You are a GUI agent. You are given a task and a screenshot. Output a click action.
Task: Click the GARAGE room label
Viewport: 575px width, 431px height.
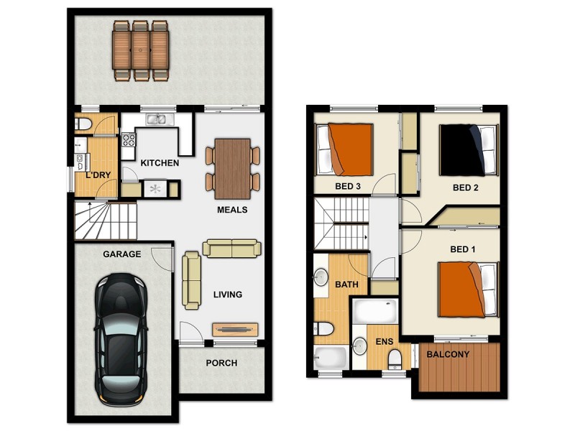[121, 254]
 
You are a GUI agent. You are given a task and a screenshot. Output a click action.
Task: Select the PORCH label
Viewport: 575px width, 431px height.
[221, 363]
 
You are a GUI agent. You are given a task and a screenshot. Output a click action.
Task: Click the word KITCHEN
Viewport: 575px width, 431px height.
[160, 163]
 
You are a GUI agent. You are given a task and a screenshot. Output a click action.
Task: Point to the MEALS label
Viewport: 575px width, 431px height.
[232, 210]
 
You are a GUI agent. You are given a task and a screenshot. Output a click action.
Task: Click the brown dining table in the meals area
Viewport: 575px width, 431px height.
[233, 168]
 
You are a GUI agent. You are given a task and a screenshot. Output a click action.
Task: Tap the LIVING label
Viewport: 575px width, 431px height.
[227, 295]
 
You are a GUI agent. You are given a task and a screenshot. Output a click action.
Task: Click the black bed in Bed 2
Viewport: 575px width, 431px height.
[466, 149]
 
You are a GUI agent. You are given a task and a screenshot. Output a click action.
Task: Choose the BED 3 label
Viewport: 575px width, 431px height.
[348, 187]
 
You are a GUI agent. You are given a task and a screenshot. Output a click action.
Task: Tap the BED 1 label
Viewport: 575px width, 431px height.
[462, 249]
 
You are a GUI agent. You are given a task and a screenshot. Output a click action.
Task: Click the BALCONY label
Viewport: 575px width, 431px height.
[448, 354]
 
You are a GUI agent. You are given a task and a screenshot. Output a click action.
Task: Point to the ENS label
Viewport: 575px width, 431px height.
[384, 343]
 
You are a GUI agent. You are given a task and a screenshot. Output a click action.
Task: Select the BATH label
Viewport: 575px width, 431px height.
[346, 284]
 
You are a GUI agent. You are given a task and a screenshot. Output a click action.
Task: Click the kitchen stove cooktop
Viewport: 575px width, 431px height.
[129, 139]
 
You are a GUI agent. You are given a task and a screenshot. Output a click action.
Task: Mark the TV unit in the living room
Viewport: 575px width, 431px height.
[234, 330]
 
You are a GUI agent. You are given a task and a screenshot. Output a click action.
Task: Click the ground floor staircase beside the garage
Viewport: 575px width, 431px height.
[106, 221]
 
